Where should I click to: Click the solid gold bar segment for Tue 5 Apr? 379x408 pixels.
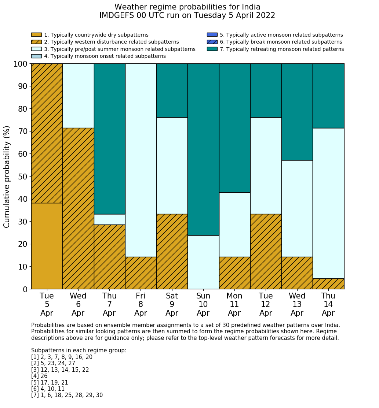coord(47,246)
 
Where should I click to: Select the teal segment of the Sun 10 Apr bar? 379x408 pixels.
coord(203,149)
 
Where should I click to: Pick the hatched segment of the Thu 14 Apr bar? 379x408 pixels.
coord(328,284)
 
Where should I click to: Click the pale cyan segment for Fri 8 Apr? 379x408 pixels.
coord(141,160)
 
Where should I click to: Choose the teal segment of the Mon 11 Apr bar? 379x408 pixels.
coord(234,128)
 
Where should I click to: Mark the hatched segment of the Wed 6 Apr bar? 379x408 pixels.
coord(78,208)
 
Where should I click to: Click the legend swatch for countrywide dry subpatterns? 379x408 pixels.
coord(36,35)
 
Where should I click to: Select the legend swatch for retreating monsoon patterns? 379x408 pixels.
coord(212,49)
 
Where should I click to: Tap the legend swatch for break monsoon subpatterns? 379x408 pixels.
coord(212,42)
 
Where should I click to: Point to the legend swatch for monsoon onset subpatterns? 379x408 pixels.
coord(36,56)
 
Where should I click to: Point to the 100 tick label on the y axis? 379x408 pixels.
coord(20,64)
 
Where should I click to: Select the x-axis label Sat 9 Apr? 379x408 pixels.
coord(172,304)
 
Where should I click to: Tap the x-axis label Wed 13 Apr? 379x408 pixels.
coord(297,304)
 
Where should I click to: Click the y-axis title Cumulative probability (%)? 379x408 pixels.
coord(7,177)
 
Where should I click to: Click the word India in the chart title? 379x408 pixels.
coord(250,7)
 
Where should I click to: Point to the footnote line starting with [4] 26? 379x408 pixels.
coord(39,376)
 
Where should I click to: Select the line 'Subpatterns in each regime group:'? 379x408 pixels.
coord(79,350)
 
